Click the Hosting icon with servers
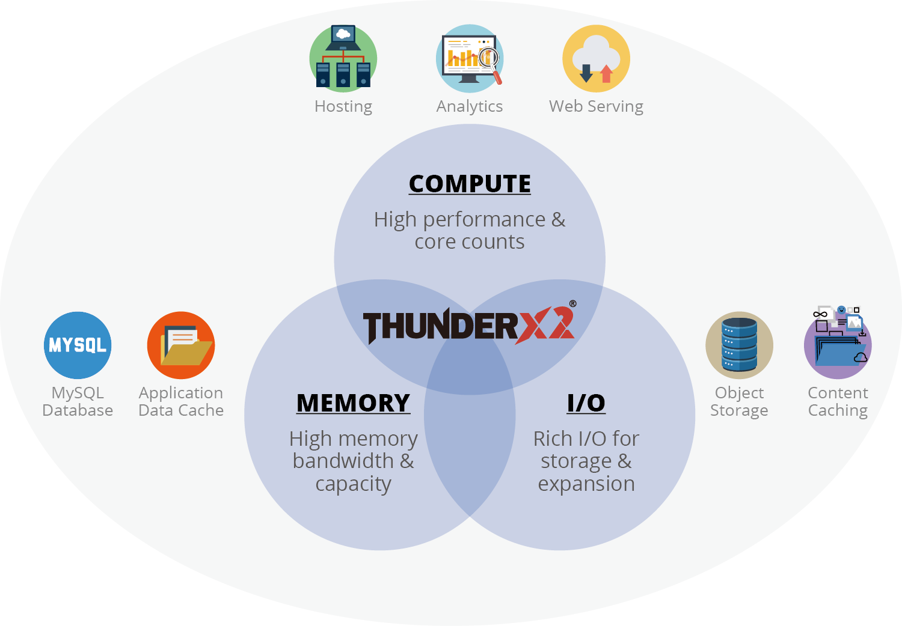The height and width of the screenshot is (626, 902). [343, 58]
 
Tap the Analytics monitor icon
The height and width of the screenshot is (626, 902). [469, 58]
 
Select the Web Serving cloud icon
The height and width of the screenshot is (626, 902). [596, 58]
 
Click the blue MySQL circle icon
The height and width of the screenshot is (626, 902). [78, 345]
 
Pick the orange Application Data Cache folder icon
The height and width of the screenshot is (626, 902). [181, 345]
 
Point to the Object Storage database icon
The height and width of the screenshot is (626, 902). [739, 345]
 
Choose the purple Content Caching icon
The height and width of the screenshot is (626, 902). [838, 345]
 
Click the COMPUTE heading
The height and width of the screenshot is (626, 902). [470, 184]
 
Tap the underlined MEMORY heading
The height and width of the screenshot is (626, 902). [354, 403]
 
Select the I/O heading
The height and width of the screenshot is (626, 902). [586, 403]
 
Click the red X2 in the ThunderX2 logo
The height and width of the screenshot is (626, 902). [544, 326]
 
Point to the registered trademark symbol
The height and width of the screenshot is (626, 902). [572, 304]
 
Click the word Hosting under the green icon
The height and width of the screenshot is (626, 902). [343, 106]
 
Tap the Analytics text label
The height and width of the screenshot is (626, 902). [470, 106]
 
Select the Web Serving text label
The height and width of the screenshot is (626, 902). [596, 106]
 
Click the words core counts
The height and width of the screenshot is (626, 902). [470, 242]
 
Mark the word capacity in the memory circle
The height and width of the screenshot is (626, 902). [354, 484]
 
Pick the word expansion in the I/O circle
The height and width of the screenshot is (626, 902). [586, 484]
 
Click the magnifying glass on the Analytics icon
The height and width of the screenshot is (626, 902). [489, 61]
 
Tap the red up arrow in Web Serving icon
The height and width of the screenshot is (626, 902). [606, 73]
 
